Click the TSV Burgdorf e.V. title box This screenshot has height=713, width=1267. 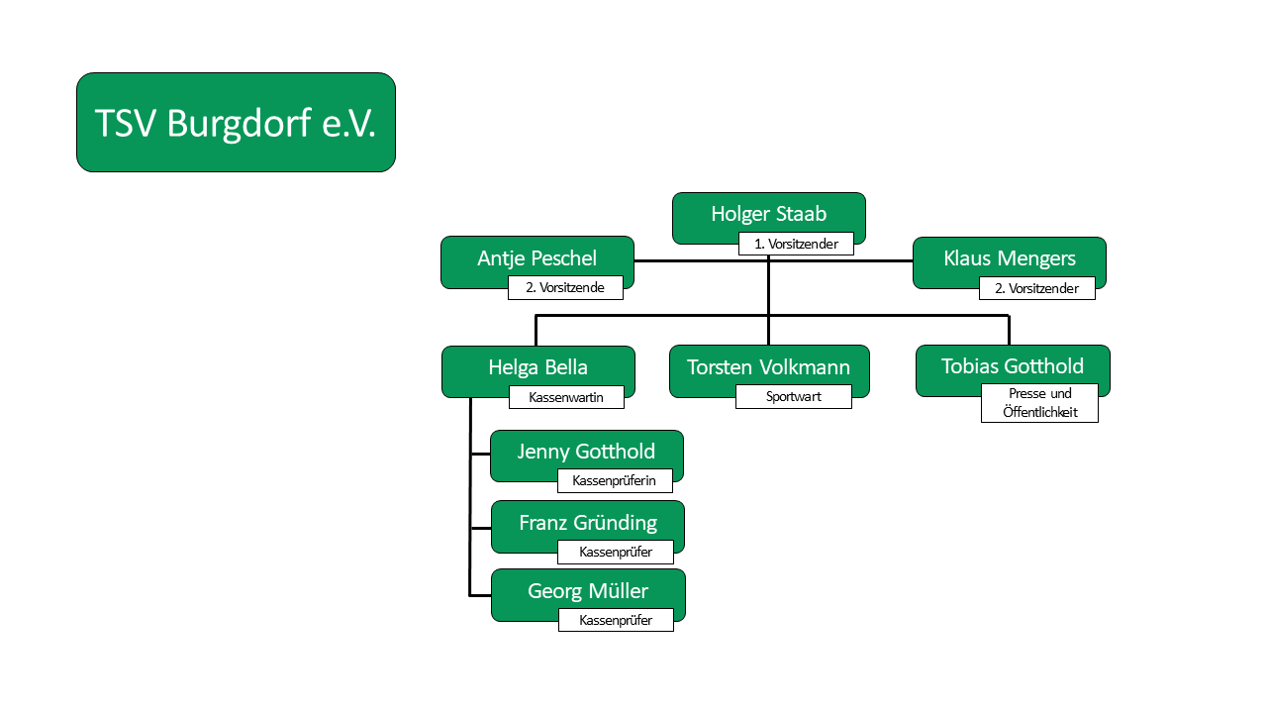pos(236,122)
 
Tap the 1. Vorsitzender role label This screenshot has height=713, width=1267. pos(796,244)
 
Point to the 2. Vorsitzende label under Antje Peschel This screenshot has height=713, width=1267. pos(565,287)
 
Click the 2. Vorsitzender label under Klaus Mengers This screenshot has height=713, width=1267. pos(1036,288)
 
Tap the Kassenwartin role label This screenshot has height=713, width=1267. pos(566,397)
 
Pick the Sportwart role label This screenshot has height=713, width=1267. pos(794,397)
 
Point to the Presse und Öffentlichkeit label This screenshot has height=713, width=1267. pos(1039,403)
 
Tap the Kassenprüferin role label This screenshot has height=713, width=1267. pos(615,481)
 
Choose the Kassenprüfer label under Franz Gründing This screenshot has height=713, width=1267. pos(616,552)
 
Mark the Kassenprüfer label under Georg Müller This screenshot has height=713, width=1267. pos(616,620)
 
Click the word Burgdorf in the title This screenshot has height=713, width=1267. pos(239,124)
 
